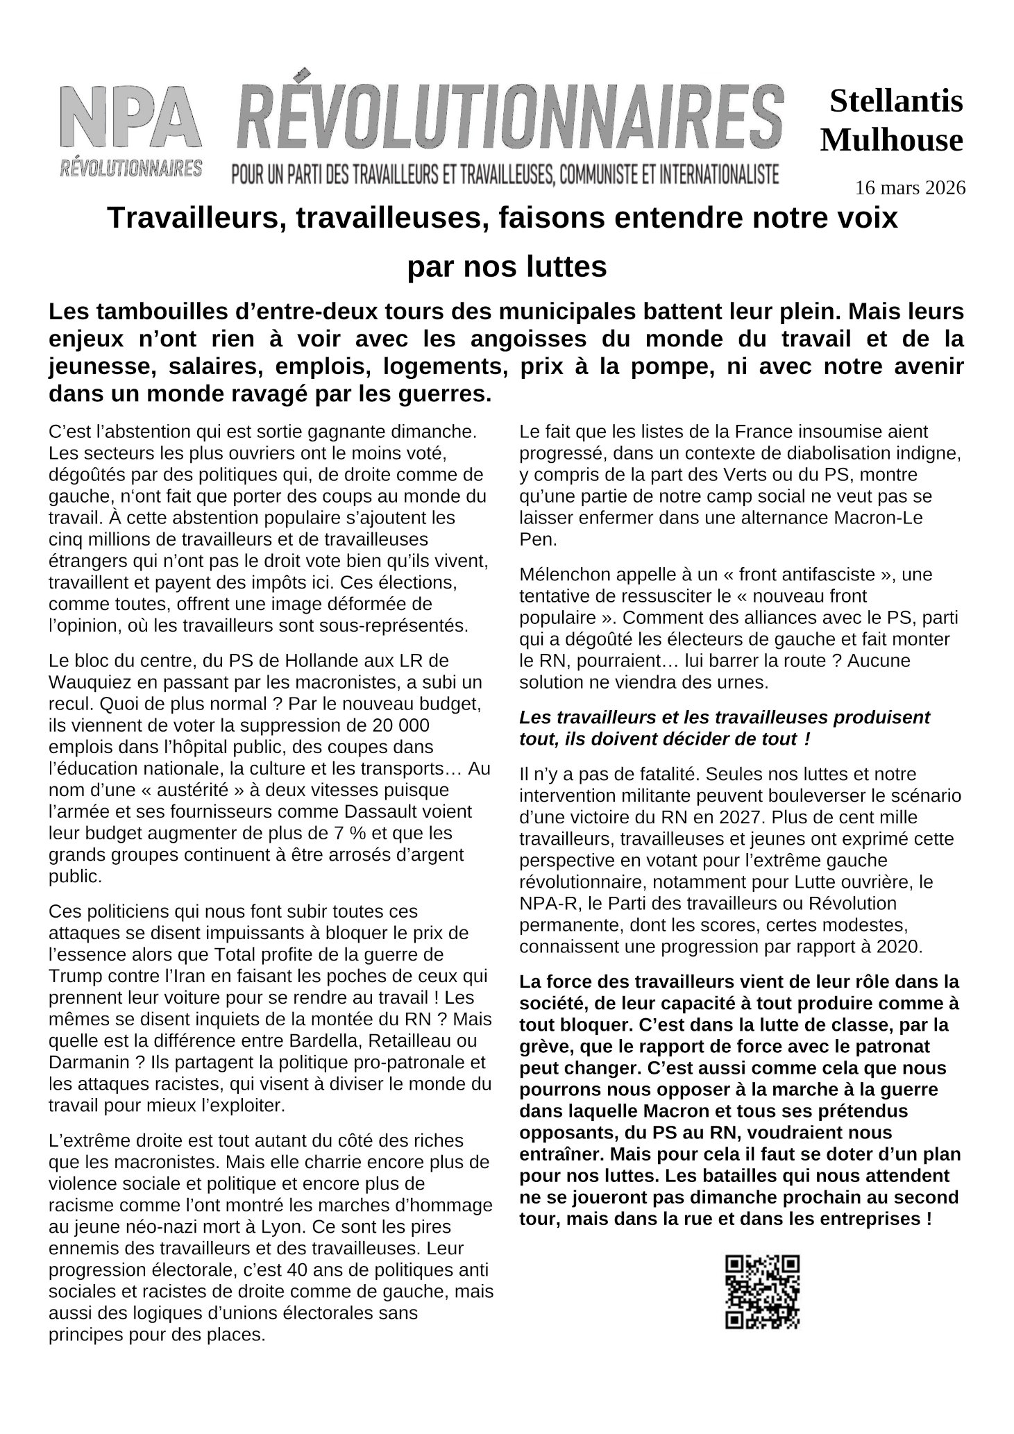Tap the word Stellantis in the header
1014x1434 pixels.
click(x=896, y=102)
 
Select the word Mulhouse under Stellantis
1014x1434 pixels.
click(x=892, y=141)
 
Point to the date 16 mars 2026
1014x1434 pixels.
click(x=910, y=187)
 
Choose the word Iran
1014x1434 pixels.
click(x=180, y=975)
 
